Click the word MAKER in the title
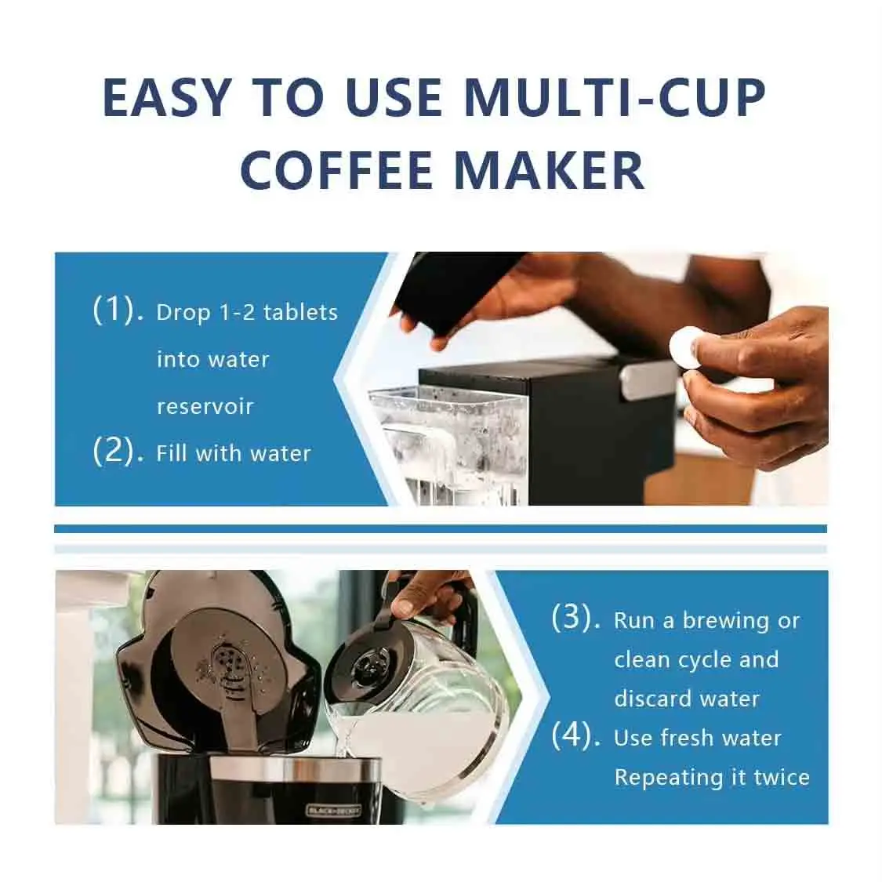click(x=550, y=169)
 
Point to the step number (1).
click(x=118, y=310)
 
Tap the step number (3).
click(x=576, y=618)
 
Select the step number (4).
click(x=576, y=735)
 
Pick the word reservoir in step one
click(x=205, y=406)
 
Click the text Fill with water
click(x=234, y=453)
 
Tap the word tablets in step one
click(x=300, y=312)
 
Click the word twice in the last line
click(x=781, y=777)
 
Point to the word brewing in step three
click(x=725, y=620)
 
